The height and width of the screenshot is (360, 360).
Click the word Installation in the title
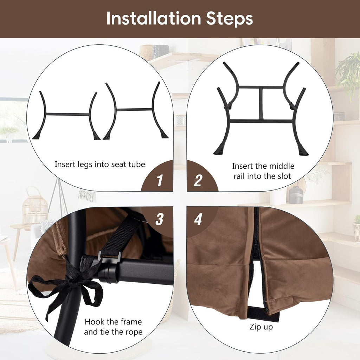click(x=154, y=18)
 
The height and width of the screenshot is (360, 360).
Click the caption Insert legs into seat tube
click(x=100, y=165)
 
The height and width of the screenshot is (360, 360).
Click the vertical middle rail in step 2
click(x=261, y=103)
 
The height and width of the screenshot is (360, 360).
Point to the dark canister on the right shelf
click(x=296, y=195)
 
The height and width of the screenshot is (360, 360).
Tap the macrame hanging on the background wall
click(x=86, y=195)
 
